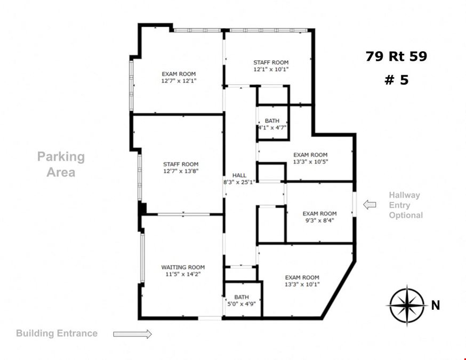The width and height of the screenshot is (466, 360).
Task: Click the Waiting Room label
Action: [x=183, y=267]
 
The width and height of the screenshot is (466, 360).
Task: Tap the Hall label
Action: [x=239, y=175]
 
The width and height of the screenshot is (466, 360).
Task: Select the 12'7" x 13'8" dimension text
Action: [x=181, y=171]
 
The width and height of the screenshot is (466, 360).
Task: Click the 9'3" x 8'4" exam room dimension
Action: [x=320, y=220]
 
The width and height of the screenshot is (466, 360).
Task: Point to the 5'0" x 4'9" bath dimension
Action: [x=242, y=304]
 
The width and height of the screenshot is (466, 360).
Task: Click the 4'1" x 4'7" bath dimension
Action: [x=272, y=127]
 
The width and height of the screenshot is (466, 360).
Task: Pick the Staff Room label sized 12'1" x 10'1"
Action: [x=271, y=62]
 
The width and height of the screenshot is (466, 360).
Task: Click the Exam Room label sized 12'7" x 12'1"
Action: [x=179, y=74]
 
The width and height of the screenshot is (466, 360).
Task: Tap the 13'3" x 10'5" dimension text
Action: [x=310, y=162]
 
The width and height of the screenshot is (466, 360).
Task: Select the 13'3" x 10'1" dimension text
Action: [x=302, y=284]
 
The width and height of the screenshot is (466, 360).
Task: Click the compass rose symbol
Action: [x=407, y=305]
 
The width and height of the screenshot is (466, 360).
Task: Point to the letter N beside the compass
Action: [x=436, y=305]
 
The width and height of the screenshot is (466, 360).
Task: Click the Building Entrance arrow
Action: [x=133, y=334]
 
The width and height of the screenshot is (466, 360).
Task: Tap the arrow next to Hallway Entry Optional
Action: [x=369, y=205]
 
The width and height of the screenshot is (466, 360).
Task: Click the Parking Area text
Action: [x=61, y=164]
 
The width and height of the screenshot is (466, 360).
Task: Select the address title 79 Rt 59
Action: [x=397, y=56]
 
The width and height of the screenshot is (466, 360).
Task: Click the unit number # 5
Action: [x=397, y=80]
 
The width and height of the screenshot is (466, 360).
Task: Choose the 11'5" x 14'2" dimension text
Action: [x=183, y=274]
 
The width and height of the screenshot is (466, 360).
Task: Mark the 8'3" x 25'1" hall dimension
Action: [x=239, y=182]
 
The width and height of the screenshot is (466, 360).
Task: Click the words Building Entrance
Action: [x=57, y=333]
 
